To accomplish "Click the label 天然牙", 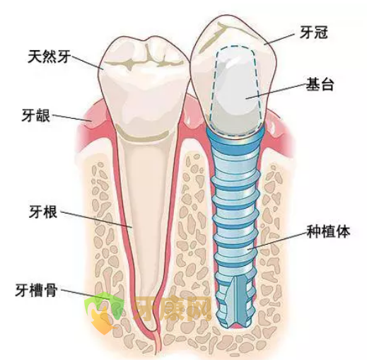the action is tap(49, 57).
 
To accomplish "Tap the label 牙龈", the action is tap(36, 115).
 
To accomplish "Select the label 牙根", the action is tap(43, 211).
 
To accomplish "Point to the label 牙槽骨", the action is tap(36, 290).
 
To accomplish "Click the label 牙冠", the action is tap(314, 32).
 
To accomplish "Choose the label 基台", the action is tap(320, 84).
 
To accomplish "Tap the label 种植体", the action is tap(328, 231).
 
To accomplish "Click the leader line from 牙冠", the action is tap(279, 39).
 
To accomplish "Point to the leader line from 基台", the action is tap(276, 91).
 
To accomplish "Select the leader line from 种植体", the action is tap(277, 240).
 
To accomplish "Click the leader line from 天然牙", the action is tap(87, 62).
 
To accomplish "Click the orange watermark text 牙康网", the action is tap(173, 309).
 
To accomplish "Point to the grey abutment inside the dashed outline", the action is tap(235, 92).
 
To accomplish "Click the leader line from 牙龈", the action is tap(71, 118).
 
